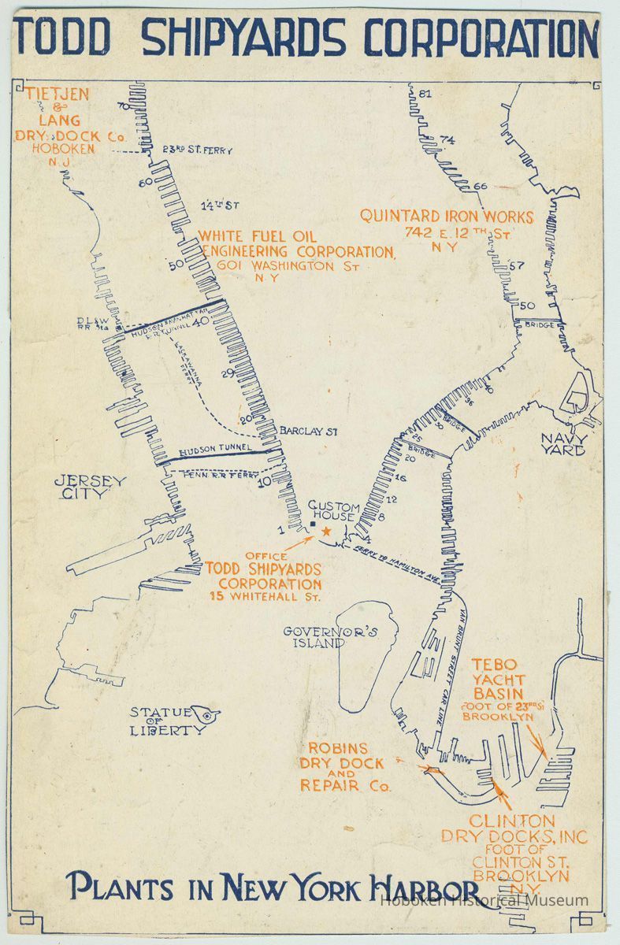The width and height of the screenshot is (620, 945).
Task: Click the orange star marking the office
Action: pyautogui.click(x=325, y=532)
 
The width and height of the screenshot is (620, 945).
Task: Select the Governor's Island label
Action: pyautogui.click(x=321, y=636)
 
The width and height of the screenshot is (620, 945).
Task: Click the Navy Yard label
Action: pyautogui.click(x=563, y=444)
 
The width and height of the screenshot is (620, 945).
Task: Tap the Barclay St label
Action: pyautogui.click(x=308, y=431)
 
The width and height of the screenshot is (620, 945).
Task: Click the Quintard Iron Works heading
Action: pyautogui.click(x=447, y=217)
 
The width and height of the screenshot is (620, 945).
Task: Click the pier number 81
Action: pyautogui.click(x=426, y=94)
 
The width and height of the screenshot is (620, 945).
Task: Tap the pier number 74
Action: pyautogui.click(x=447, y=140)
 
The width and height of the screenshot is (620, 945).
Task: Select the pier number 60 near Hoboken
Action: pyautogui.click(x=145, y=183)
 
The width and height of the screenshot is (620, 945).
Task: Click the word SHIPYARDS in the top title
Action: pyautogui.click(x=244, y=37)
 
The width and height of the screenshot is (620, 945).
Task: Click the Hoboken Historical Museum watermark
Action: pyautogui.click(x=484, y=900)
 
